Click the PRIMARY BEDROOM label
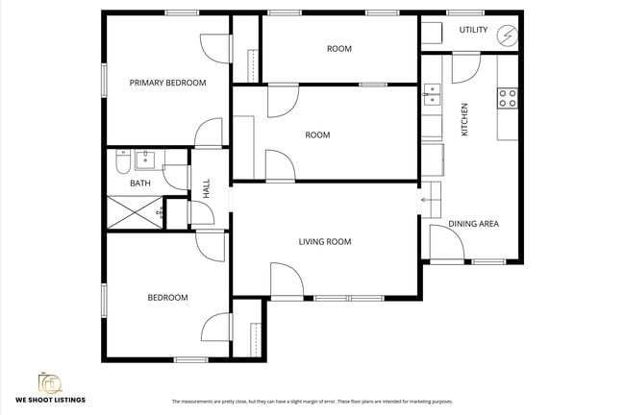point(167,83)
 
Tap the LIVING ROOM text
point(324,242)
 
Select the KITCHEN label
point(464,118)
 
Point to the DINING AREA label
point(473,224)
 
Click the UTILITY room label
point(472,30)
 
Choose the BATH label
point(140,183)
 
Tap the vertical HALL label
point(206,187)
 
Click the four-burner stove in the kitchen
point(507,97)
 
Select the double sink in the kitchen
point(432,93)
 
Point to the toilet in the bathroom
point(122,159)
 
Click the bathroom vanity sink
point(145,159)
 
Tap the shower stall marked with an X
point(133,211)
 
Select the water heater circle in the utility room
point(508,37)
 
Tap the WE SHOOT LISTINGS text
point(49,399)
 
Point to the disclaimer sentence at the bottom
point(312,401)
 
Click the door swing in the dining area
point(443,244)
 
